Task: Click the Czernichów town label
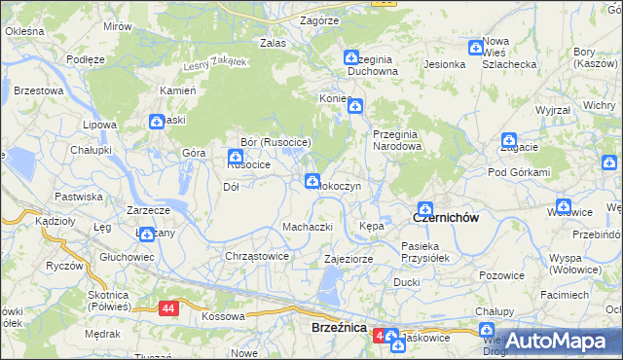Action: click(447, 218)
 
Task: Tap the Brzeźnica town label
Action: click(338, 329)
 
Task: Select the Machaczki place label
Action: click(308, 227)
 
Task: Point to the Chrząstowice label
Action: click(257, 256)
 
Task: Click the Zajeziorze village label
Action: click(349, 260)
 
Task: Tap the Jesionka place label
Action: click(444, 64)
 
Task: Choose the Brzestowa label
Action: click(39, 90)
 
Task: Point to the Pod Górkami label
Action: click(519, 172)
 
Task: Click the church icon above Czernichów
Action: click(424, 206)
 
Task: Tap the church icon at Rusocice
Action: click(235, 157)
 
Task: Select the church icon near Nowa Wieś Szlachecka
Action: click(476, 47)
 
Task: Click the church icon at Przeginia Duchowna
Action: click(351, 59)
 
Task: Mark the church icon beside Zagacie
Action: click(509, 142)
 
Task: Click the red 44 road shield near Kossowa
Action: click(170, 307)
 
